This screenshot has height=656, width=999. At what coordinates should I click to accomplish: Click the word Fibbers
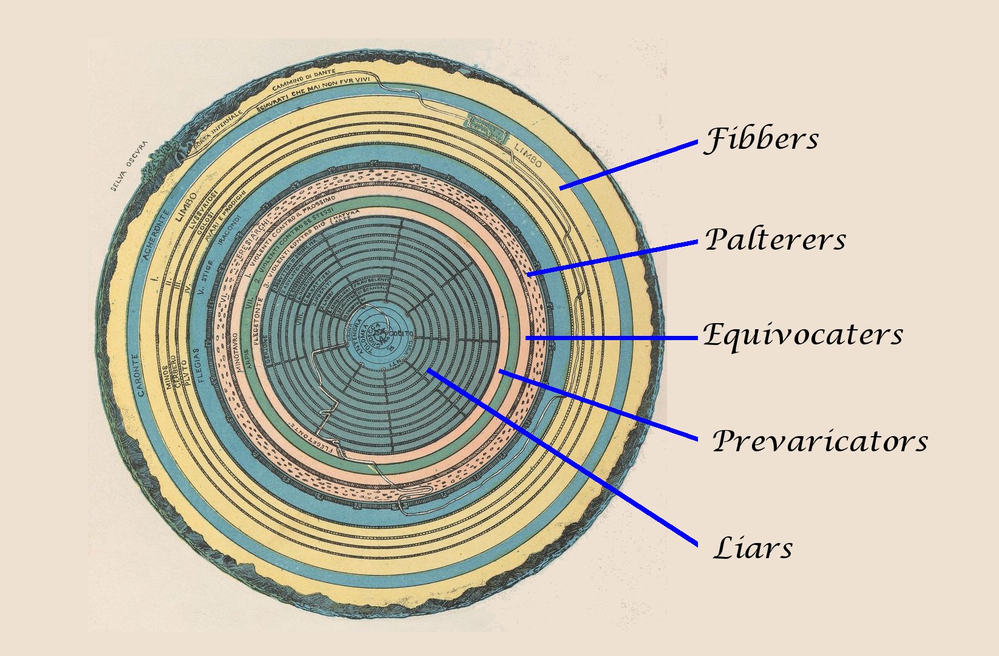click(761, 139)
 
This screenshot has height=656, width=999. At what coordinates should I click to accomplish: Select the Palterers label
click(775, 239)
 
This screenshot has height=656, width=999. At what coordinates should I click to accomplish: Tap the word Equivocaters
click(802, 335)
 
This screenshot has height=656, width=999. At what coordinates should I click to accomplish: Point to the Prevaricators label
click(819, 441)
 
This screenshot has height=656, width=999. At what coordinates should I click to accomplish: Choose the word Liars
click(753, 548)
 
